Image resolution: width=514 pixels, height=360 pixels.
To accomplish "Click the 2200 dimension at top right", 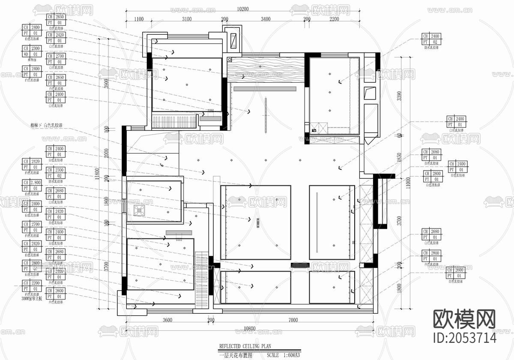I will coord(334,19).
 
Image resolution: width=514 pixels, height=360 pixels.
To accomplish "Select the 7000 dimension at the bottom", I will coord(293,320).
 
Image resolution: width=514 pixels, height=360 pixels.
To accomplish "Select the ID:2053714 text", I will coord(465,338).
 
